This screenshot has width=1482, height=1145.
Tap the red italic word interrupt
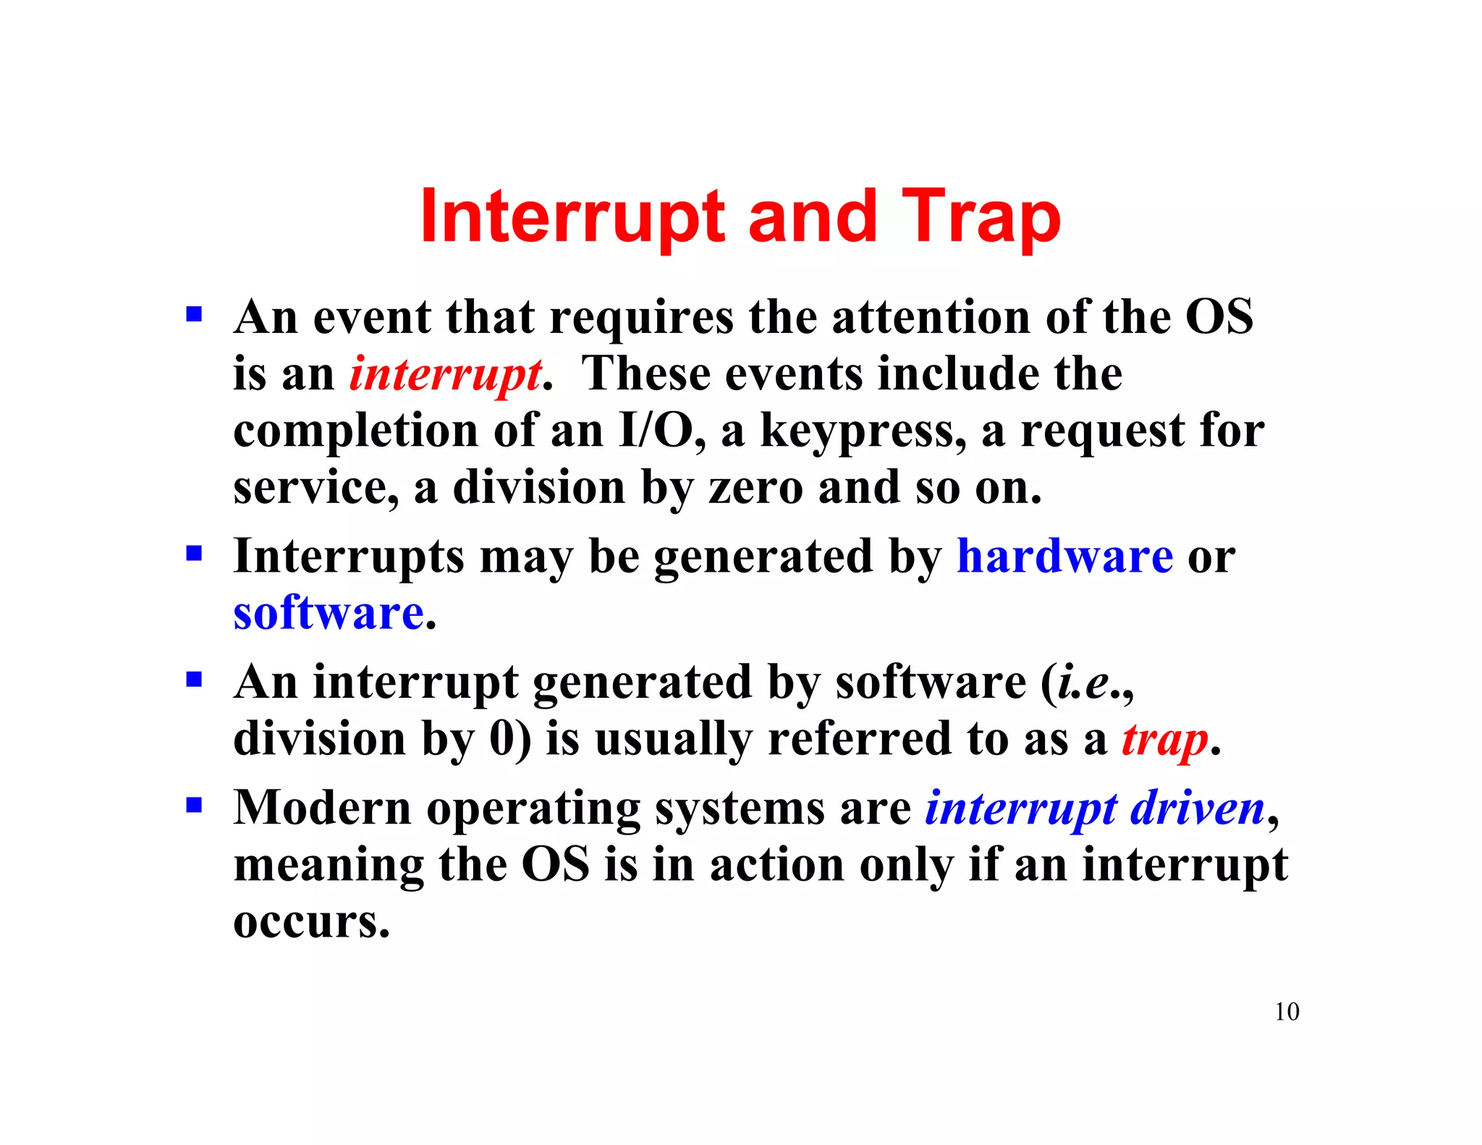(x=445, y=375)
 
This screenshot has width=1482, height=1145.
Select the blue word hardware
(x=1064, y=557)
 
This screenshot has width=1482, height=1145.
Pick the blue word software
(x=329, y=613)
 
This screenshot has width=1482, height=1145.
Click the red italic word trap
(x=1164, y=740)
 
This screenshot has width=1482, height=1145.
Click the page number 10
(x=1287, y=1011)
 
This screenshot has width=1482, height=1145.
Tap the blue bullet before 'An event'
(x=193, y=315)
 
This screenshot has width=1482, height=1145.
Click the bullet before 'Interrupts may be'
(x=193, y=554)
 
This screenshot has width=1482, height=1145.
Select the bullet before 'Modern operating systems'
(x=193, y=805)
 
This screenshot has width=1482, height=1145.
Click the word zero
(x=755, y=488)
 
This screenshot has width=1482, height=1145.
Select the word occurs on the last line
(x=311, y=922)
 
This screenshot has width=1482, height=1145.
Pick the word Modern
(x=323, y=808)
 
